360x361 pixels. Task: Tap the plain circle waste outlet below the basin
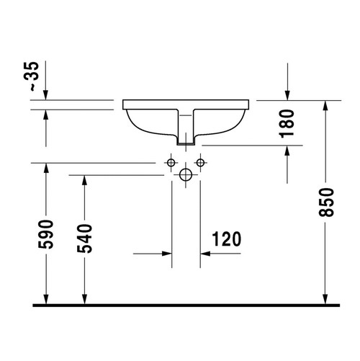tap(186, 174)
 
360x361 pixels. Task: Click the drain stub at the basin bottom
tap(186, 140)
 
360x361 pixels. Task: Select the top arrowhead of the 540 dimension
tap(84, 179)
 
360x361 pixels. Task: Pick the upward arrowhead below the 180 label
tap(288, 151)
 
